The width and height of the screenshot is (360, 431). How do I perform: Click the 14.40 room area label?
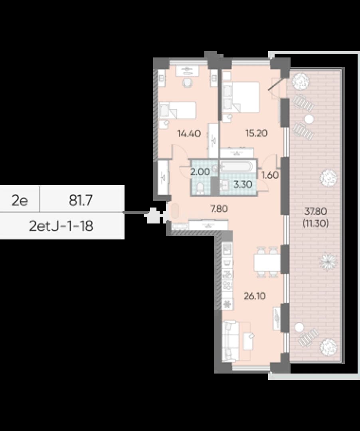189,134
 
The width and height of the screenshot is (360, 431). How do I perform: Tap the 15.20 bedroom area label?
256,133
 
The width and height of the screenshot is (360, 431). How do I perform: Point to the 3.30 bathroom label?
243,184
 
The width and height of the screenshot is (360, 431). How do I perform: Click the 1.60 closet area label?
270,175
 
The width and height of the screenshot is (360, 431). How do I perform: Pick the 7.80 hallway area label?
219,209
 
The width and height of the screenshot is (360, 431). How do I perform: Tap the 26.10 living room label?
255,296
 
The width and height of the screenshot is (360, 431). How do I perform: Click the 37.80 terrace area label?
315,212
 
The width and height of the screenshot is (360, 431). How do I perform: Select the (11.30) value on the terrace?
315,223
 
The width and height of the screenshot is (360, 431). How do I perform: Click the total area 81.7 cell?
81,200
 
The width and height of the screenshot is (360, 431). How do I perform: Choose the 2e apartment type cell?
20,200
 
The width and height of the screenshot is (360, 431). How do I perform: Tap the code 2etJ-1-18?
61,226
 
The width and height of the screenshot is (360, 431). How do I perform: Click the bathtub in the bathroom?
236,166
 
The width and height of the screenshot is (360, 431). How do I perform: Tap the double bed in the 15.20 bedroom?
241,97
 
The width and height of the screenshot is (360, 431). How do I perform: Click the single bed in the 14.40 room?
178,110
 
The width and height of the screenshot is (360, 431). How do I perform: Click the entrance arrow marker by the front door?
152,215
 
